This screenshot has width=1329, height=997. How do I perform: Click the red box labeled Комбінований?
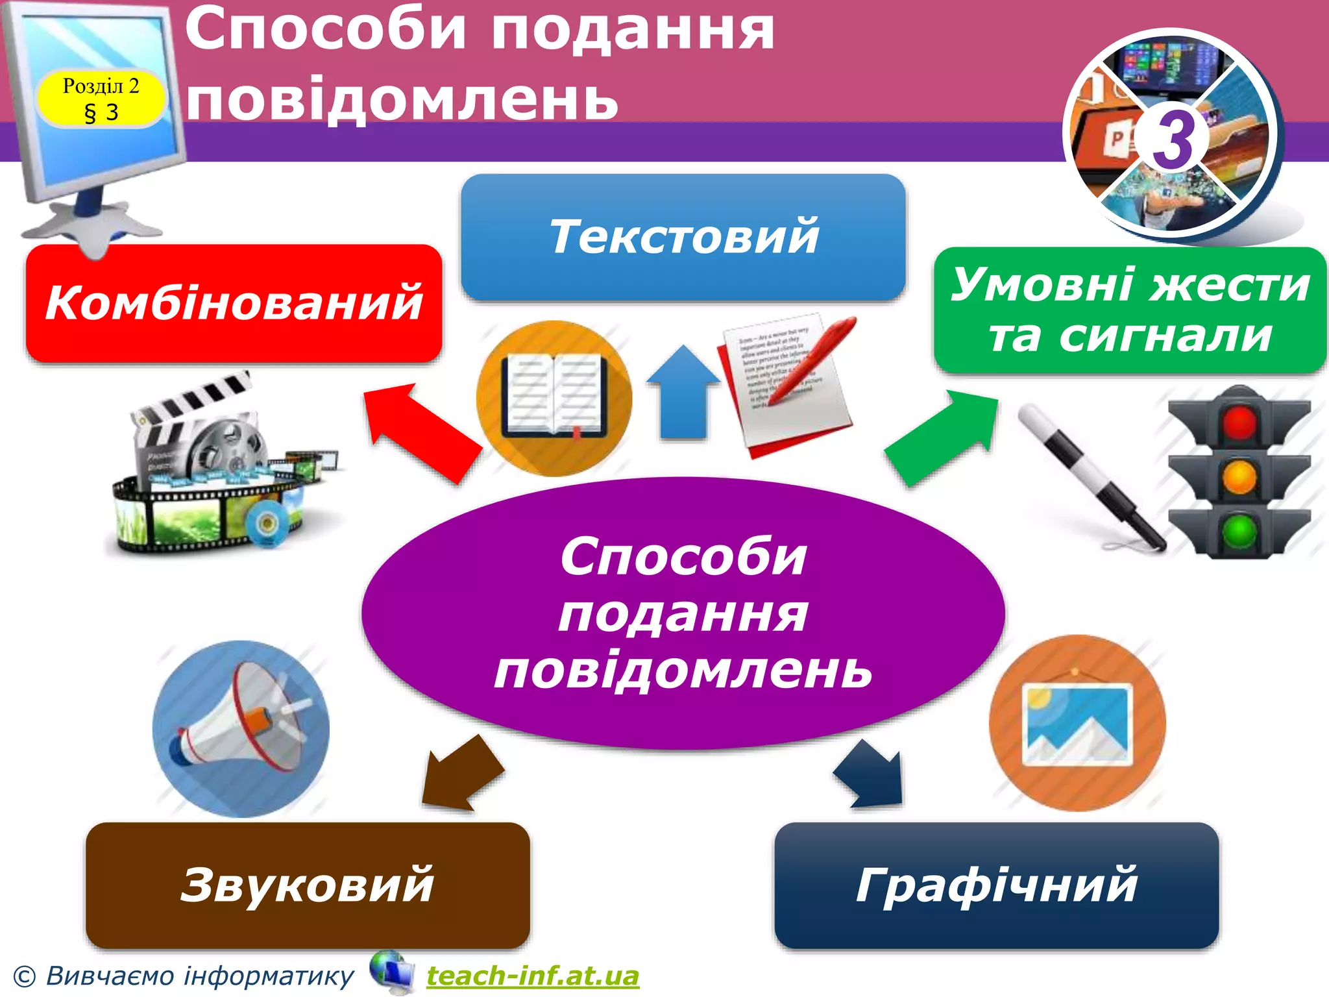click(x=234, y=302)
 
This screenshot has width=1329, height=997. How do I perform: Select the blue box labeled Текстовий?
click(x=683, y=237)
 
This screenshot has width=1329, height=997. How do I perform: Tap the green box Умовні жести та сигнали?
click(x=1130, y=310)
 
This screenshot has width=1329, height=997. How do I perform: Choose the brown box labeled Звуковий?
click(x=308, y=885)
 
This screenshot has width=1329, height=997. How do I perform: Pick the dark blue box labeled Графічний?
click(x=996, y=885)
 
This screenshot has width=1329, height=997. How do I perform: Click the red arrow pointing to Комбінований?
click(x=422, y=432)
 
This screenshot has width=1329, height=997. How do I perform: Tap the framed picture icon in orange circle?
click(x=1077, y=723)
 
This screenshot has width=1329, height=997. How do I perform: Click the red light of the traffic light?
click(x=1239, y=422)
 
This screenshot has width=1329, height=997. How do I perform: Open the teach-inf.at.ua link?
click(x=532, y=976)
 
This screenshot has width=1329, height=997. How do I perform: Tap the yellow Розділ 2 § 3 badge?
click(x=101, y=99)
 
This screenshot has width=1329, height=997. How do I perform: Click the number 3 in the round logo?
click(x=1173, y=139)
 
